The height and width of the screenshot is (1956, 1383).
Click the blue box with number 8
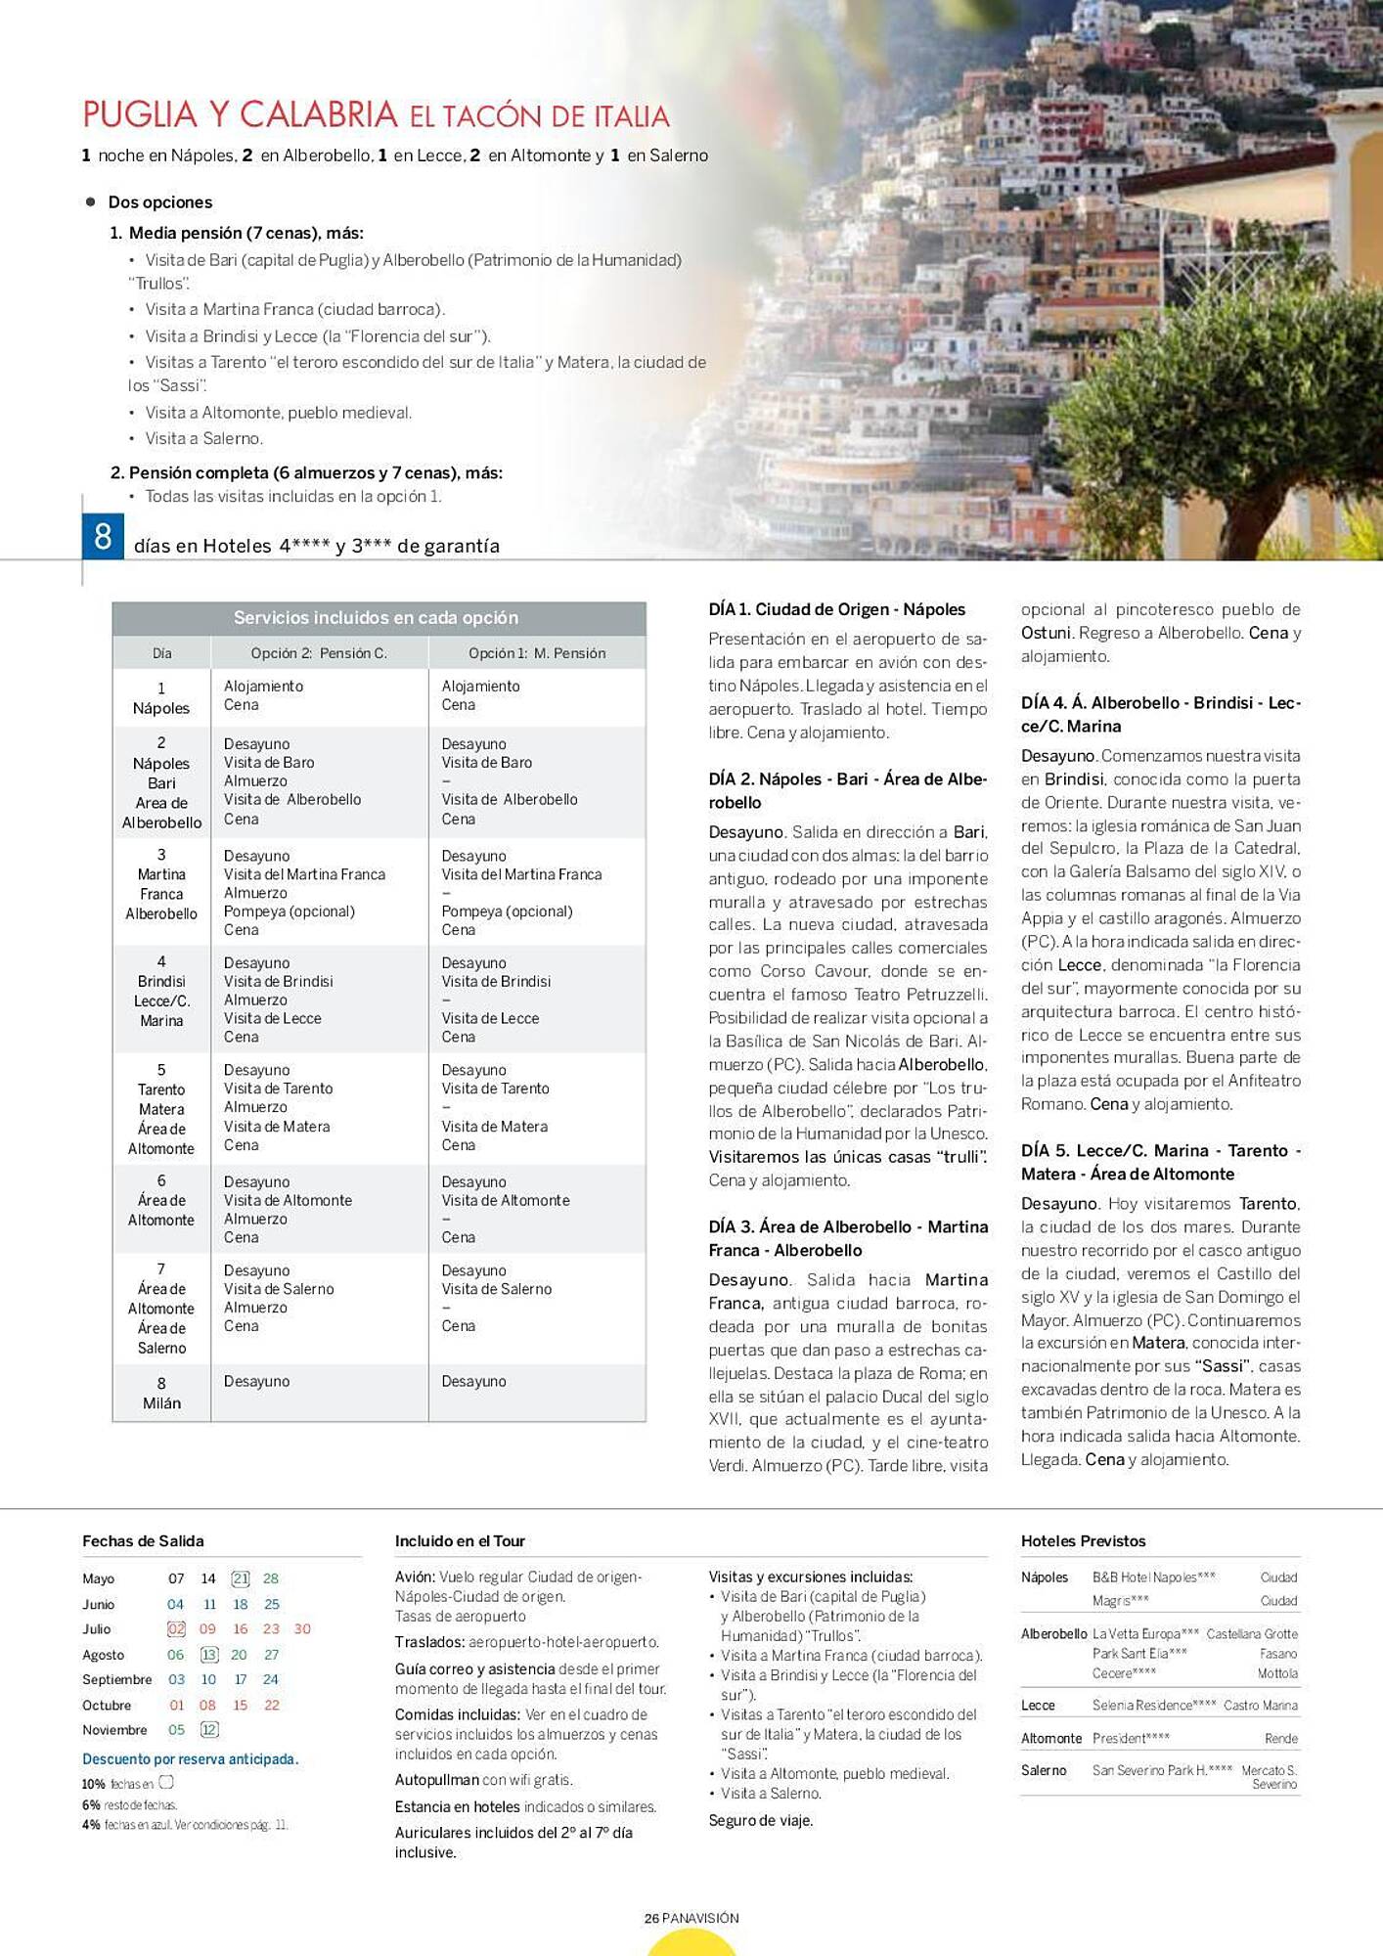click(103, 537)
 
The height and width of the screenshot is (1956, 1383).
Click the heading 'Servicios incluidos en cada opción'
click(376, 618)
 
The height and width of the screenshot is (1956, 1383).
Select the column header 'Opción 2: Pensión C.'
click(319, 653)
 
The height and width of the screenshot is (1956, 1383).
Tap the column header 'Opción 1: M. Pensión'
click(536, 653)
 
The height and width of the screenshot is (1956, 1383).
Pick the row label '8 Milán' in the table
click(161, 1394)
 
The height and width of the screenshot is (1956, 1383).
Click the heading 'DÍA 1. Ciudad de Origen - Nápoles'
click(836, 609)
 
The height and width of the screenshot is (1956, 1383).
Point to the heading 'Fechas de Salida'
click(143, 1541)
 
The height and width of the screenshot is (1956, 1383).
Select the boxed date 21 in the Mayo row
click(240, 1578)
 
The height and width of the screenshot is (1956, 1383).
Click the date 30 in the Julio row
click(302, 1629)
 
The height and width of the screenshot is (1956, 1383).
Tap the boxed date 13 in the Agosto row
click(209, 1655)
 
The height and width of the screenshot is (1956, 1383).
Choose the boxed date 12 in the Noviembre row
click(209, 1730)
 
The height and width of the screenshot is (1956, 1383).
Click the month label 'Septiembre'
click(117, 1680)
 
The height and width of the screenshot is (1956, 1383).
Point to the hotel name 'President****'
click(1131, 1739)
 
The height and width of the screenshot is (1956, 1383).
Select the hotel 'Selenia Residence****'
click(1154, 1706)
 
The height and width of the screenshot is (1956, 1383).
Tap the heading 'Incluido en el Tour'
click(460, 1541)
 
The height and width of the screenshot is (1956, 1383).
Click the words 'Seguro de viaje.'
click(761, 1821)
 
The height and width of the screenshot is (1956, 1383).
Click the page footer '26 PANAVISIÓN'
click(691, 1919)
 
